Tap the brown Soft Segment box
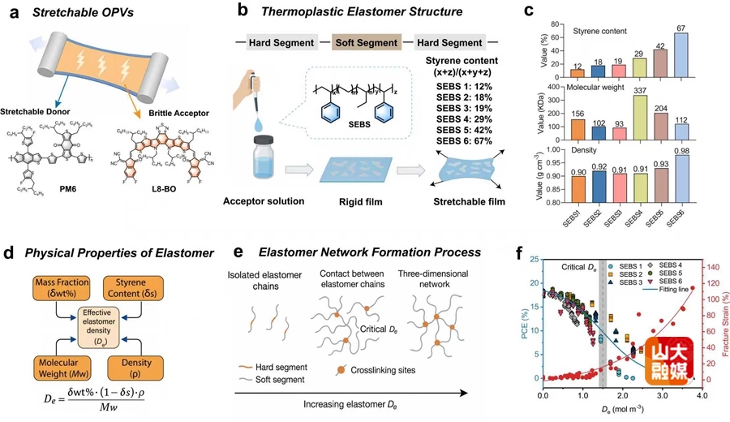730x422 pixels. (370, 41)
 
